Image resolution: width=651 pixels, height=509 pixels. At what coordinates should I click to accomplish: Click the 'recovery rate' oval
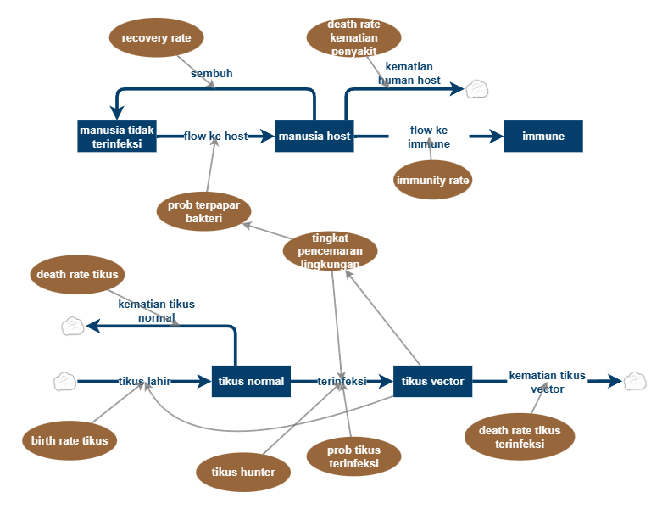pyautogui.click(x=157, y=38)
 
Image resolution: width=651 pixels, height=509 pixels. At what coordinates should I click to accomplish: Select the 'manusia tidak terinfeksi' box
pyautogui.click(x=117, y=137)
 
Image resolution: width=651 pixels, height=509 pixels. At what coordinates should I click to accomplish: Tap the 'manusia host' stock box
pyautogui.click(x=314, y=137)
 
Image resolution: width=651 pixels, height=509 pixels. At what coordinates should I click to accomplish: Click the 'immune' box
pyautogui.click(x=543, y=137)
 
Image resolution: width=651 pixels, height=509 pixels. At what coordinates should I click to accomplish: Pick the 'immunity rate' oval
pyautogui.click(x=433, y=180)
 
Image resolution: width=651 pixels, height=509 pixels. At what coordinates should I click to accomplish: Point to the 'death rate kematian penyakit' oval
pyautogui.click(x=353, y=37)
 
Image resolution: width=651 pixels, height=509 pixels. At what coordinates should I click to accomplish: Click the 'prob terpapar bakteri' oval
pyautogui.click(x=203, y=212)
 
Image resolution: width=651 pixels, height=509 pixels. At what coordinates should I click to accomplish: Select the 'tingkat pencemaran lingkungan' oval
pyautogui.click(x=331, y=251)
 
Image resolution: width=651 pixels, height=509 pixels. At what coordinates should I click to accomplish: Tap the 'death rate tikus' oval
pyautogui.click(x=77, y=275)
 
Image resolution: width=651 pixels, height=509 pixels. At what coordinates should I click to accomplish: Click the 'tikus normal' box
pyautogui.click(x=251, y=382)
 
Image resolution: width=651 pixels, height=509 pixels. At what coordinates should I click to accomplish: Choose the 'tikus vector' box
pyautogui.click(x=432, y=382)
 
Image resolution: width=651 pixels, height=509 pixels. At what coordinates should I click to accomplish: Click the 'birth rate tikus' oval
pyautogui.click(x=70, y=440)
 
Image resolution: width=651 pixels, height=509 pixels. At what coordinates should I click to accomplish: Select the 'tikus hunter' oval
pyautogui.click(x=243, y=473)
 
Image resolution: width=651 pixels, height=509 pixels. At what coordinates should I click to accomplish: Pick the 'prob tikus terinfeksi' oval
pyautogui.click(x=353, y=456)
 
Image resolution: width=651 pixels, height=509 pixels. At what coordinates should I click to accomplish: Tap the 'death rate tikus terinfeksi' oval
pyautogui.click(x=520, y=437)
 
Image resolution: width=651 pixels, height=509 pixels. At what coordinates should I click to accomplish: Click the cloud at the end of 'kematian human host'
pyautogui.click(x=477, y=88)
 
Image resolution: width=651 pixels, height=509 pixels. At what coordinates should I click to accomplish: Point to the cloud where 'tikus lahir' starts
pyautogui.click(x=65, y=382)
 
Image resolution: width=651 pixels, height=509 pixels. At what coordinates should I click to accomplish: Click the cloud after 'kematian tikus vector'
pyautogui.click(x=635, y=382)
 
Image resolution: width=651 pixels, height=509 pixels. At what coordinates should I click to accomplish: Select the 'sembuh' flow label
pyautogui.click(x=212, y=74)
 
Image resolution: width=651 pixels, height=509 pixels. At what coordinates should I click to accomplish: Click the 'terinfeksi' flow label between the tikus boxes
pyautogui.click(x=342, y=382)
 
